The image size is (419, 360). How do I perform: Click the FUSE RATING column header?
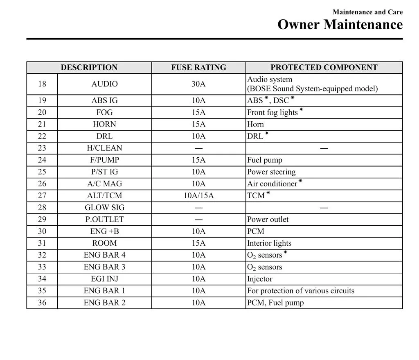tap(198, 68)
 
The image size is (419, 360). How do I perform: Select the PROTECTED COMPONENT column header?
tap(324, 68)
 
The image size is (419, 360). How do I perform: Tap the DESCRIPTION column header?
tap(89, 68)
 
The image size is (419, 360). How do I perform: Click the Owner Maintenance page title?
tap(340, 25)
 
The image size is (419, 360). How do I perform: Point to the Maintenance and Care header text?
tap(367, 12)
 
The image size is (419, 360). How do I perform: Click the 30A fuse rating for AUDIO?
tap(198, 84)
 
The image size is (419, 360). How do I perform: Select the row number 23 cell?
tap(42, 148)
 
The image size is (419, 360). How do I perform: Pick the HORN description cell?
tap(104, 125)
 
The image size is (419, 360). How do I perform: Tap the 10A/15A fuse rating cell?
tap(198, 196)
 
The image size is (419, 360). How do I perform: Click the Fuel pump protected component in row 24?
tap(265, 160)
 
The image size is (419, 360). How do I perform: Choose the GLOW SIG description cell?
tap(104, 208)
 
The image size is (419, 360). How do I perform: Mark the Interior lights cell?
tap(269, 243)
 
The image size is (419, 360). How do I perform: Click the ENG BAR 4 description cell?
tap(104, 255)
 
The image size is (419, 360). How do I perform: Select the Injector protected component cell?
tap(260, 279)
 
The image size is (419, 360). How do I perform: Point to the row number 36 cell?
tap(42, 303)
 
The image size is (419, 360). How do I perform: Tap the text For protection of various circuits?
tap(301, 291)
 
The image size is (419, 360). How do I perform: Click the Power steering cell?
tap(271, 172)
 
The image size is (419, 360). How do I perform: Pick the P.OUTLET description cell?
tap(104, 220)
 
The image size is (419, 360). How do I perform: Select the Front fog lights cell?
tap(273, 113)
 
